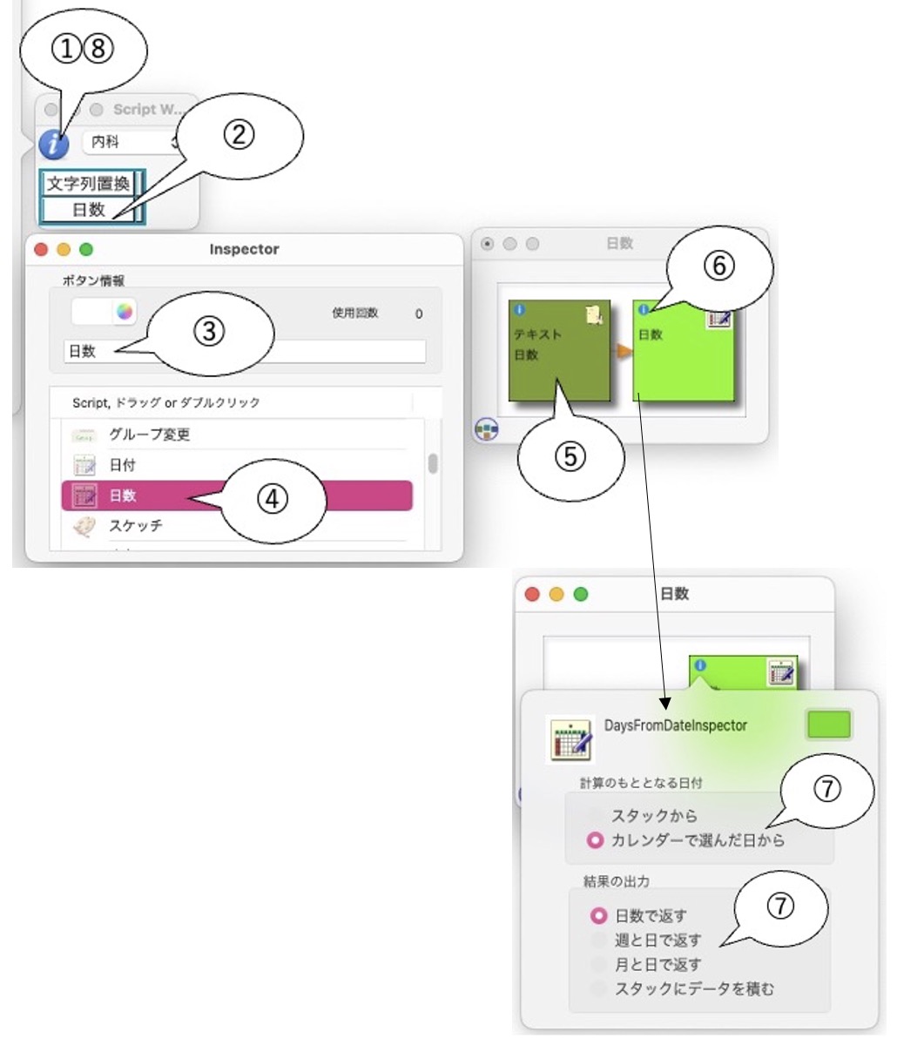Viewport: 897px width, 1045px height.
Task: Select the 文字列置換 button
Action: tap(89, 184)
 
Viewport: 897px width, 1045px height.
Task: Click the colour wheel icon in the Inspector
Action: tap(125, 312)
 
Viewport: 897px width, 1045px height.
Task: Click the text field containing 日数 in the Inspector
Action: tap(244, 352)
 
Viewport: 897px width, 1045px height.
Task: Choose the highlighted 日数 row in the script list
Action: tap(236, 496)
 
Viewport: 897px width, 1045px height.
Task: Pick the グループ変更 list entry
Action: tap(149, 435)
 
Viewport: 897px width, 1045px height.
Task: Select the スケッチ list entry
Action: tap(135, 526)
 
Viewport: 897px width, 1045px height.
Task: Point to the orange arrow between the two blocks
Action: tap(622, 351)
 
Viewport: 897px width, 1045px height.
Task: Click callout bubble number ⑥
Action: tap(718, 268)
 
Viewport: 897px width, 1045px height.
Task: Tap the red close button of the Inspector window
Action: tap(41, 250)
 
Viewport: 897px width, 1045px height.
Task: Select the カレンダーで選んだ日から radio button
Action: tap(596, 840)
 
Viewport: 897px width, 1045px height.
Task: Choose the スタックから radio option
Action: tap(596, 816)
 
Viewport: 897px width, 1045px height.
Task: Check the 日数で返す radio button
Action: tap(598, 916)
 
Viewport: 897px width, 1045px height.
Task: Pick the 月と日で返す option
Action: tap(598, 965)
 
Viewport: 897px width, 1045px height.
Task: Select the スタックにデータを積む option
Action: tap(598, 989)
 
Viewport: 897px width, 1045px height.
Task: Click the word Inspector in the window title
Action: tap(244, 250)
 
